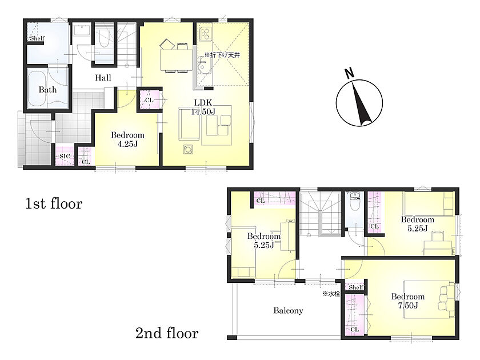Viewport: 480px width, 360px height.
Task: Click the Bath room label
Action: pos(47,90)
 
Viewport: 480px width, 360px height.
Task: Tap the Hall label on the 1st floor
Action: pos(103,78)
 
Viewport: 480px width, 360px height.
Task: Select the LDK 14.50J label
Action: pos(203,107)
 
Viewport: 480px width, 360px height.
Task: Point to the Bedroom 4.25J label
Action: pos(127,139)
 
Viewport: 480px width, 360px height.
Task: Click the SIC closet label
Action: pos(65,156)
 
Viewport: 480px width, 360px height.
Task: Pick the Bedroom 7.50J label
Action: pos(408,301)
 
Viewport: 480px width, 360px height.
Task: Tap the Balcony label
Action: pos(288,311)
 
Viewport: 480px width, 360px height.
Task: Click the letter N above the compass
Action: pos(349,74)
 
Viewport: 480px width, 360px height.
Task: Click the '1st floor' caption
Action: pos(54,203)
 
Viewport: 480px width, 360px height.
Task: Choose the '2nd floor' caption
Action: pos(167,333)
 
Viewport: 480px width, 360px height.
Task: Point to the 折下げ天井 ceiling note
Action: pos(222,55)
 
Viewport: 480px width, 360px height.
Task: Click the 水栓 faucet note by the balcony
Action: pos(331,294)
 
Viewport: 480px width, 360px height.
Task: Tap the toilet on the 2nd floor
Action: pos(355,202)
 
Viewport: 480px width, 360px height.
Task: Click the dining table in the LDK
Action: pos(177,59)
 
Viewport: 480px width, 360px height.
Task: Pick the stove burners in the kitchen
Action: pos(205,34)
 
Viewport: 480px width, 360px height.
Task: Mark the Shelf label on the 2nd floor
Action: pos(356,287)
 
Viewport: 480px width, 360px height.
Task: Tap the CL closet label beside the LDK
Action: pos(149,100)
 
